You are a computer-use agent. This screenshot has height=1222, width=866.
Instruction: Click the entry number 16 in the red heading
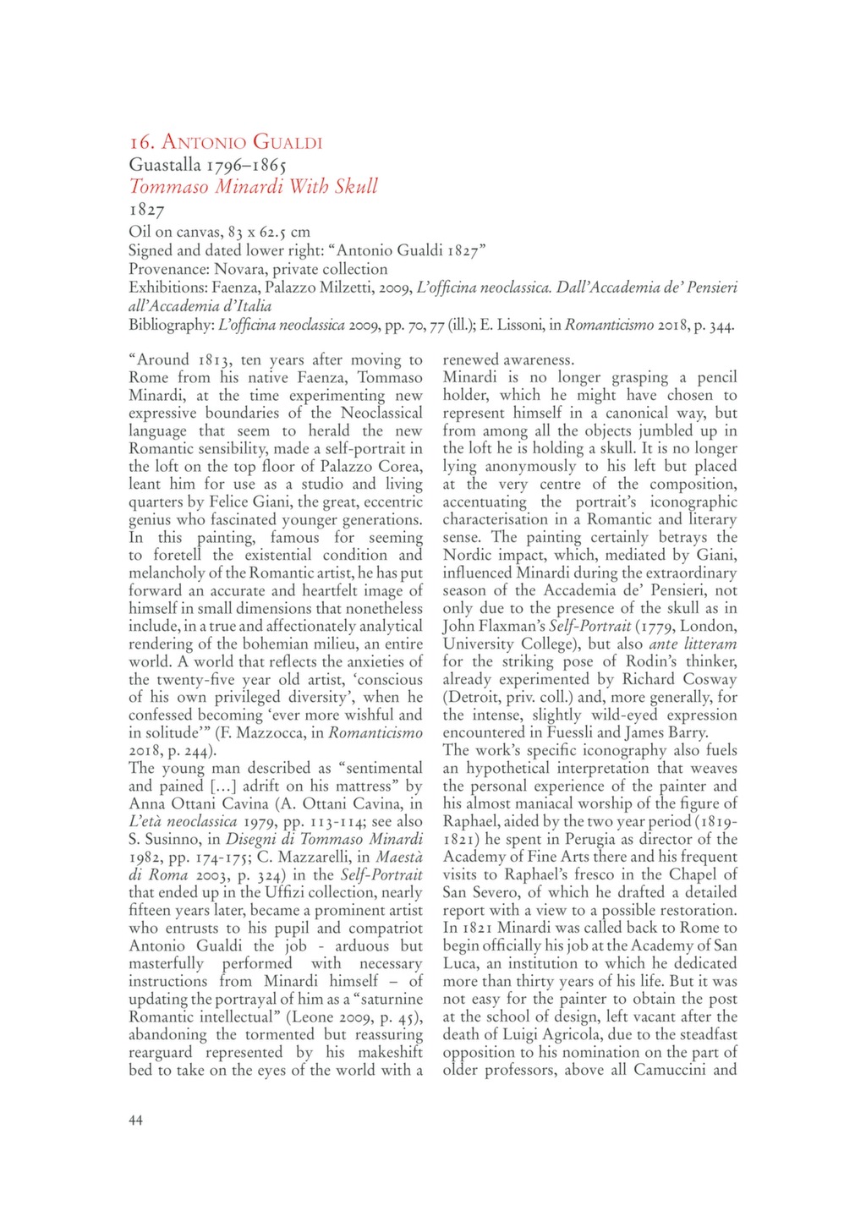tap(140, 142)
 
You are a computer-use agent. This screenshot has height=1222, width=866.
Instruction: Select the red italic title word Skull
tap(356, 186)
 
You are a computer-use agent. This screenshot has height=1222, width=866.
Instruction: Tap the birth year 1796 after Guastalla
tap(224, 164)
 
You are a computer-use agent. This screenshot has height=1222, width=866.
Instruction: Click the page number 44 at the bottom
tap(136, 1120)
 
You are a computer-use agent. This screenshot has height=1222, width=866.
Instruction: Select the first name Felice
tap(232, 501)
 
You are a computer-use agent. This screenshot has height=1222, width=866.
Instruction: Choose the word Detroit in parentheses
tap(472, 697)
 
